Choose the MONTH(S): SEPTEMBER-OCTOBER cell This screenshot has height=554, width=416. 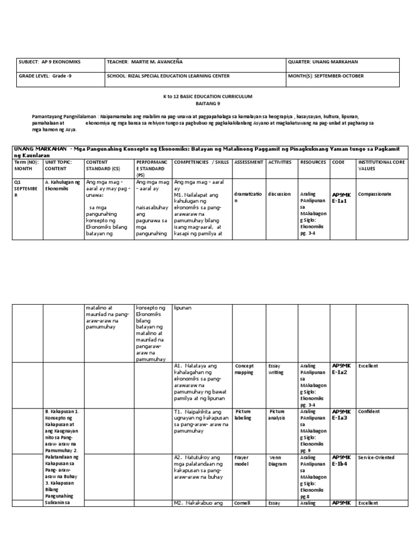point(326,76)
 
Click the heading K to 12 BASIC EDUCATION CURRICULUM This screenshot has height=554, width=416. point(209,96)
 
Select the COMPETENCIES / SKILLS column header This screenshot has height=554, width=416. point(202,162)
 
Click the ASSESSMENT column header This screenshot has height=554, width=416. point(248,162)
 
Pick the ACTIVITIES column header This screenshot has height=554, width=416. point(280,162)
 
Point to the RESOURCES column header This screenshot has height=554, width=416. point(313,162)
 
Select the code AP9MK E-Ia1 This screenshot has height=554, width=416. point(342,197)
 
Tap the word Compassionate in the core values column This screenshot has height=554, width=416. point(375,194)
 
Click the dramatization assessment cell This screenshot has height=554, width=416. point(248,197)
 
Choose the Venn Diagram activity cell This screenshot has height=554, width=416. point(278,460)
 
